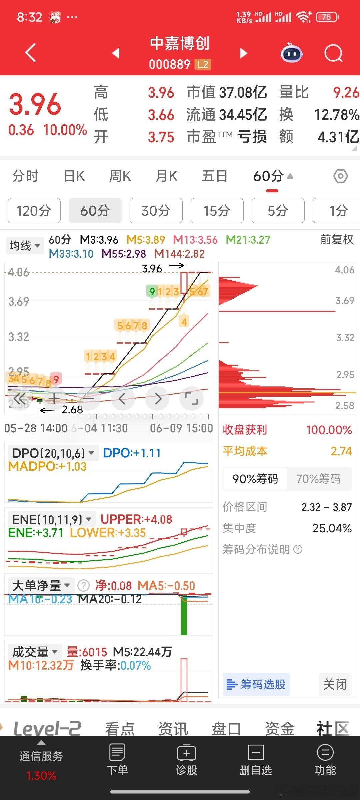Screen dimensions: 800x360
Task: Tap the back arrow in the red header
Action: point(31,53)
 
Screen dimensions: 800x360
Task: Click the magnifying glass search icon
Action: point(333,53)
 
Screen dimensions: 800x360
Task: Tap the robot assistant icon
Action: point(292,53)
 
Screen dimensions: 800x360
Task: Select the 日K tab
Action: point(74,176)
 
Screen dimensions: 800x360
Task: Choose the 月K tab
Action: point(166,176)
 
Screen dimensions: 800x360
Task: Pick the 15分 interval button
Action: point(217,211)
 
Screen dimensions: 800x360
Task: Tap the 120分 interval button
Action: point(34,211)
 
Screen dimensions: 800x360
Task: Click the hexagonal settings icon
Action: point(340,176)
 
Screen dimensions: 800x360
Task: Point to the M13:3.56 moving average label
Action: point(195,240)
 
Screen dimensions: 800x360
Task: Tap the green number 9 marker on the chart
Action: point(152,292)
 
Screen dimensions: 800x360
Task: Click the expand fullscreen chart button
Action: point(191,398)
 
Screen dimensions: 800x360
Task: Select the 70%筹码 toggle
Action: point(318,479)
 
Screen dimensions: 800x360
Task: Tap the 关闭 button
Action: point(335,684)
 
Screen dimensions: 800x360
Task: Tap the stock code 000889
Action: point(170,64)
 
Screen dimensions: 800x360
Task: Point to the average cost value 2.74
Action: point(341,451)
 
